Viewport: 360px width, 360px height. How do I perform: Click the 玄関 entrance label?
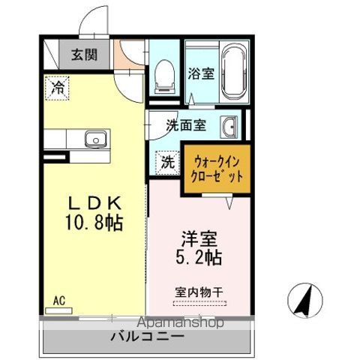84,55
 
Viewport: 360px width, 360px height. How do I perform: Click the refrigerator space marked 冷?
56,87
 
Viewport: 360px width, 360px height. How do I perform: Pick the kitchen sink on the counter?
96,139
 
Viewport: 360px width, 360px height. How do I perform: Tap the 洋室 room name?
199,239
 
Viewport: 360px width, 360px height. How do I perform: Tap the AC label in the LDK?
58,301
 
